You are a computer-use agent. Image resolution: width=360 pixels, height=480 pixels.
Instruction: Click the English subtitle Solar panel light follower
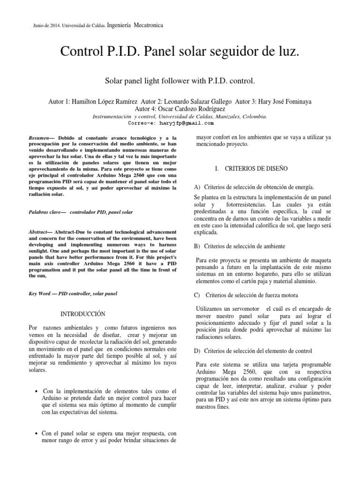pyautogui.click(x=155, y=81)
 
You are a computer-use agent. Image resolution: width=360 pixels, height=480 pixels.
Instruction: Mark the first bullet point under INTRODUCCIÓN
pyautogui.click(x=37, y=391)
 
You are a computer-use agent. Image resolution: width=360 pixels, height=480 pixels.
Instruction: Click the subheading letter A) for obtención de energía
pyautogui.click(x=197, y=187)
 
